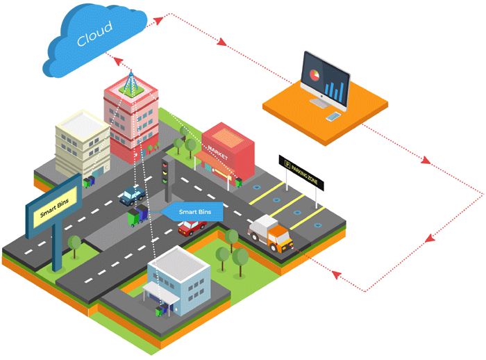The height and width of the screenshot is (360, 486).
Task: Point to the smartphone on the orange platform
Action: click(335, 116)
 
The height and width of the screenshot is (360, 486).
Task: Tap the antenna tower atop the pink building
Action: click(130, 83)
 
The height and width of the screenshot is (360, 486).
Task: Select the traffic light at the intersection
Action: click(166, 170)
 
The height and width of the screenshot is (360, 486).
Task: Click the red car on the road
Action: click(192, 227)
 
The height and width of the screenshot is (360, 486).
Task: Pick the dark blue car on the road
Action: click(132, 196)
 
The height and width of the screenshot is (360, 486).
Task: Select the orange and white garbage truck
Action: click(272, 232)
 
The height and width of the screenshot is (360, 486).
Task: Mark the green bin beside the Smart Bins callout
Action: click(133, 219)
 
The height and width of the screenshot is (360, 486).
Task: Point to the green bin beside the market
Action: click(237, 182)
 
